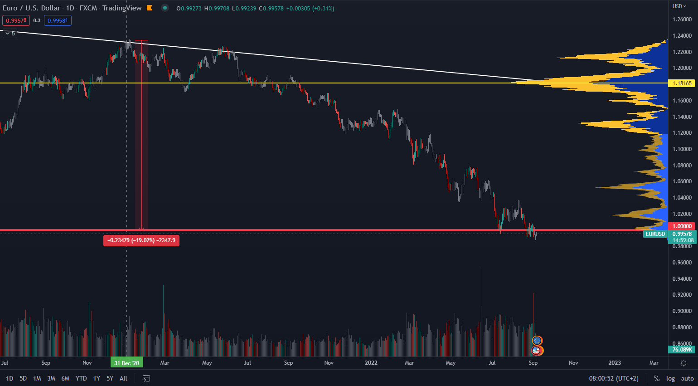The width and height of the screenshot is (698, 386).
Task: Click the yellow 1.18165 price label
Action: [682, 83]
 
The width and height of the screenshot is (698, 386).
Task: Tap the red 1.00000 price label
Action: [682, 226]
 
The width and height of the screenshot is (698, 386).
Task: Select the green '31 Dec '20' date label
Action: [126, 363]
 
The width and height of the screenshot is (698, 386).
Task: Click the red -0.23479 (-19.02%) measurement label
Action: [141, 240]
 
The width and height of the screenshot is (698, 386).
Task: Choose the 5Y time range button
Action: [110, 378]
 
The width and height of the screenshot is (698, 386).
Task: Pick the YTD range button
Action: [81, 378]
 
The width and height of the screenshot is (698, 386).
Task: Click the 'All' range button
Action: [123, 378]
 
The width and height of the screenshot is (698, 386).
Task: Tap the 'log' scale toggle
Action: [670, 378]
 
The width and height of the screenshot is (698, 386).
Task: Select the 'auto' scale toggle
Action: [687, 378]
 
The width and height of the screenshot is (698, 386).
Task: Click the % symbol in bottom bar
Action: [656, 378]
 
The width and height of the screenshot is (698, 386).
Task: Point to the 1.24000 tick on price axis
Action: [682, 36]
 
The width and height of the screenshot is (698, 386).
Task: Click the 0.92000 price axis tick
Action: [682, 295]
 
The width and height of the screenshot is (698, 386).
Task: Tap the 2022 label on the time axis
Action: [371, 363]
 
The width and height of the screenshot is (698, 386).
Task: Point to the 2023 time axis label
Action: [614, 363]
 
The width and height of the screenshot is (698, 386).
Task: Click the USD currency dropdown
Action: [679, 6]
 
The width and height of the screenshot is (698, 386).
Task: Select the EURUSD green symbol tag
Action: [655, 234]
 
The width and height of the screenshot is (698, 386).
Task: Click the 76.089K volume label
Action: [682, 350]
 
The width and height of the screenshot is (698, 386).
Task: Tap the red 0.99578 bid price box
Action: [16, 20]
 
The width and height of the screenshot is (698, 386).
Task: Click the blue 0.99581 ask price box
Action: [58, 20]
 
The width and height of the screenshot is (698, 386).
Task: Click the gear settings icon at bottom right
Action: [683, 363]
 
